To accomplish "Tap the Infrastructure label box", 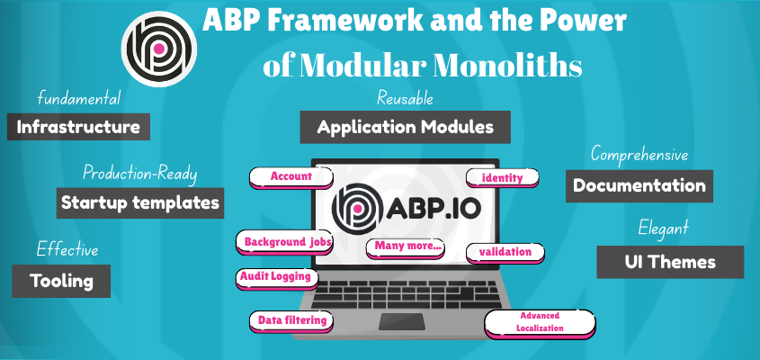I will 78,127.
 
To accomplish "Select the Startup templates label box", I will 139,202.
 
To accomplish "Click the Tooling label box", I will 61,281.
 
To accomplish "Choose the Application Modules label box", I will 405,127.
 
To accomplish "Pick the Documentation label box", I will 639,186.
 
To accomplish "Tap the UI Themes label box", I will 670,262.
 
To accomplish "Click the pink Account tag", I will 291,176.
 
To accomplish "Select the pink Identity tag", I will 502,177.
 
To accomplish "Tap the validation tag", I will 505,252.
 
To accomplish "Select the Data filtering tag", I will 291,319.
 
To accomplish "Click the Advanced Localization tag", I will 540,322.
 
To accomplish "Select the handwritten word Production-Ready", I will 139,172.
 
